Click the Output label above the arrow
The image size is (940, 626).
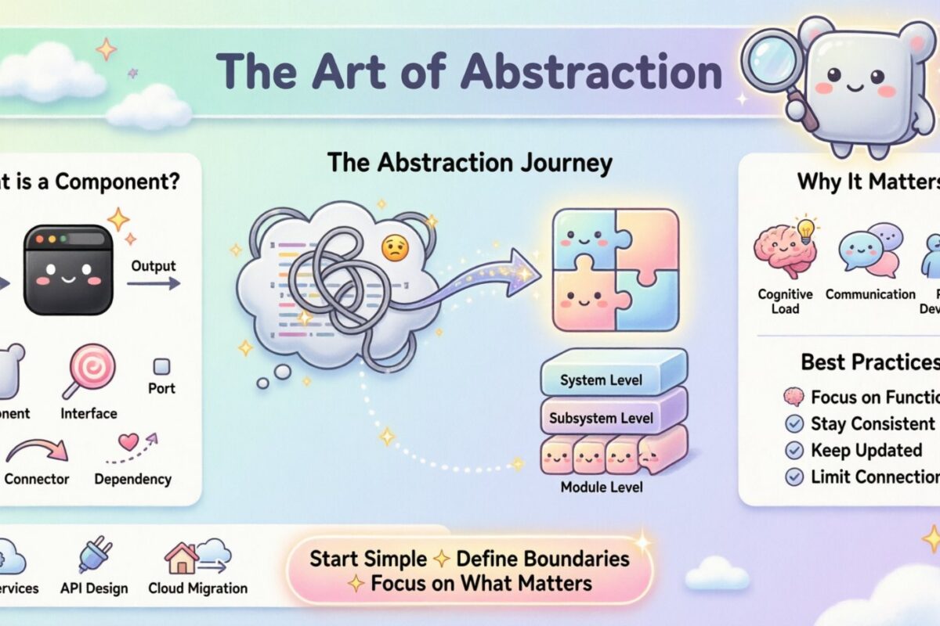154,265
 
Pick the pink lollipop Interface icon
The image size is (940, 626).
91,369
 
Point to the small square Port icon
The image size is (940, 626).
161,366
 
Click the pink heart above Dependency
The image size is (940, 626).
128,442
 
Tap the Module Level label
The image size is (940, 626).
602,487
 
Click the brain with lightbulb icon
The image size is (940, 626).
784,249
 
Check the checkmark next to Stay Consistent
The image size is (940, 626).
794,424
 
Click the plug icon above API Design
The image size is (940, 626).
95,557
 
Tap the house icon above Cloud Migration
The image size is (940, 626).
181,559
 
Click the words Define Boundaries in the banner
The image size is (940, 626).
543,559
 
